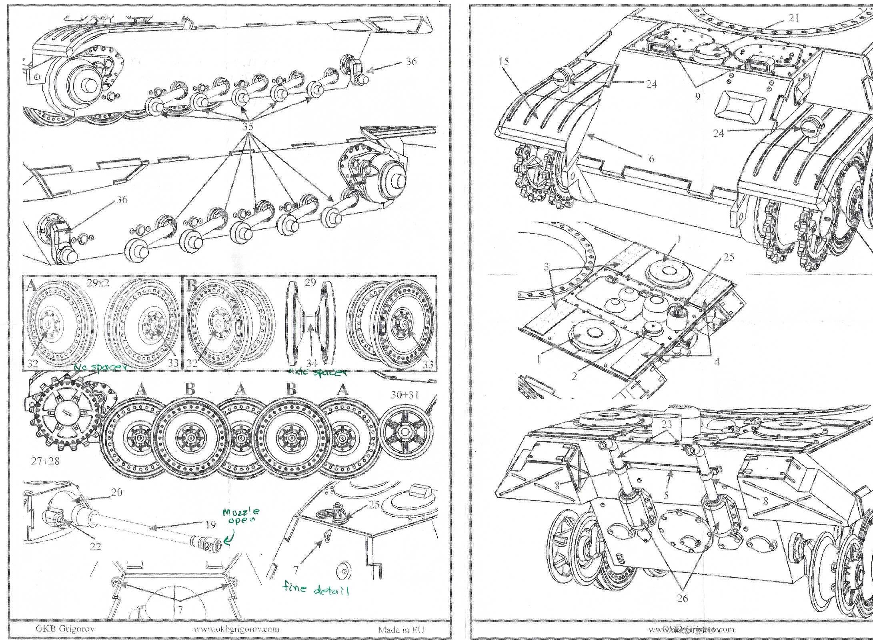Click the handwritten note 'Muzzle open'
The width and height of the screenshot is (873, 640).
pyautogui.click(x=241, y=516)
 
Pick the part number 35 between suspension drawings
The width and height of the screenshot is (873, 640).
pyautogui.click(x=248, y=126)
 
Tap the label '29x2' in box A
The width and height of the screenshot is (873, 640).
pyautogui.click(x=98, y=282)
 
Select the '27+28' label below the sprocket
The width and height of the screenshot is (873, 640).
pyautogui.click(x=45, y=461)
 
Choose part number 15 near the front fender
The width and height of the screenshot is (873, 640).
pyautogui.click(x=503, y=62)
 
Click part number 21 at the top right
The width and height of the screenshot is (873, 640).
pyautogui.click(x=794, y=17)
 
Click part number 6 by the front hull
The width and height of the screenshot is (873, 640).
pyautogui.click(x=651, y=159)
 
